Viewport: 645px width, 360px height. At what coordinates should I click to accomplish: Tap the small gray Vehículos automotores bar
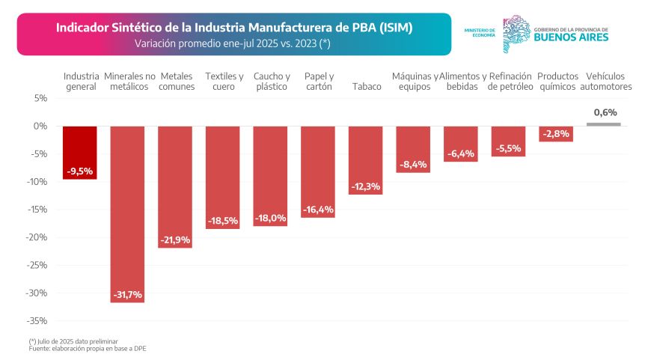coord(604,124)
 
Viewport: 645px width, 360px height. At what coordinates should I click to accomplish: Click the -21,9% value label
coord(175,240)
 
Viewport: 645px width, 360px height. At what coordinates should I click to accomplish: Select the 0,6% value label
coord(605,112)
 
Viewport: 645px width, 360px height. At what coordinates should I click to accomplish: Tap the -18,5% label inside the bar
coord(222,221)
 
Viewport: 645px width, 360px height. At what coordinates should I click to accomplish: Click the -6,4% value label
coord(461,154)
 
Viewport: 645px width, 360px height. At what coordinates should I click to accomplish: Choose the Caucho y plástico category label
coord(271,81)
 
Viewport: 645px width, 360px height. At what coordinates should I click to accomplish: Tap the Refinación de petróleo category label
coord(510,81)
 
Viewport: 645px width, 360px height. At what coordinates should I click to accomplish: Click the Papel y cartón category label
coord(319,81)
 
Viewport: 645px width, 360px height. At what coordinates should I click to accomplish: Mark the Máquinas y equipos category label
coord(414,81)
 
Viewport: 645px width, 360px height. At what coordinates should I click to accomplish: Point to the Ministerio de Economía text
coord(480,32)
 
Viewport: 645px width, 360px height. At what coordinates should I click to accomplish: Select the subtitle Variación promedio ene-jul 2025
coord(232,43)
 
